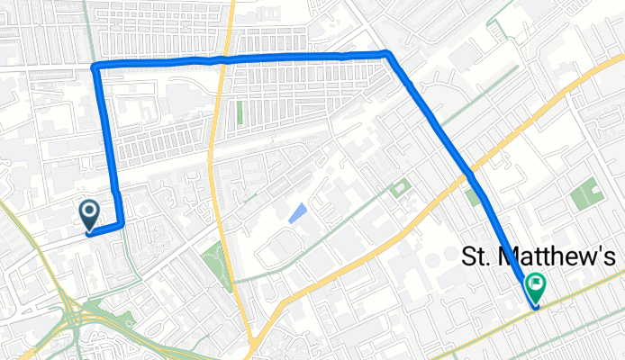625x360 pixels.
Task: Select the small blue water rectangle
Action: click(x=296, y=213)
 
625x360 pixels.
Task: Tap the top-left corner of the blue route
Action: click(x=95, y=67)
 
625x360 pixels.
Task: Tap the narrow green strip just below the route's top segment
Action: click(x=240, y=113)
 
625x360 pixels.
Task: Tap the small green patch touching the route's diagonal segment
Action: click(x=474, y=197)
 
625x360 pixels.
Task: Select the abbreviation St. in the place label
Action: click(x=478, y=257)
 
